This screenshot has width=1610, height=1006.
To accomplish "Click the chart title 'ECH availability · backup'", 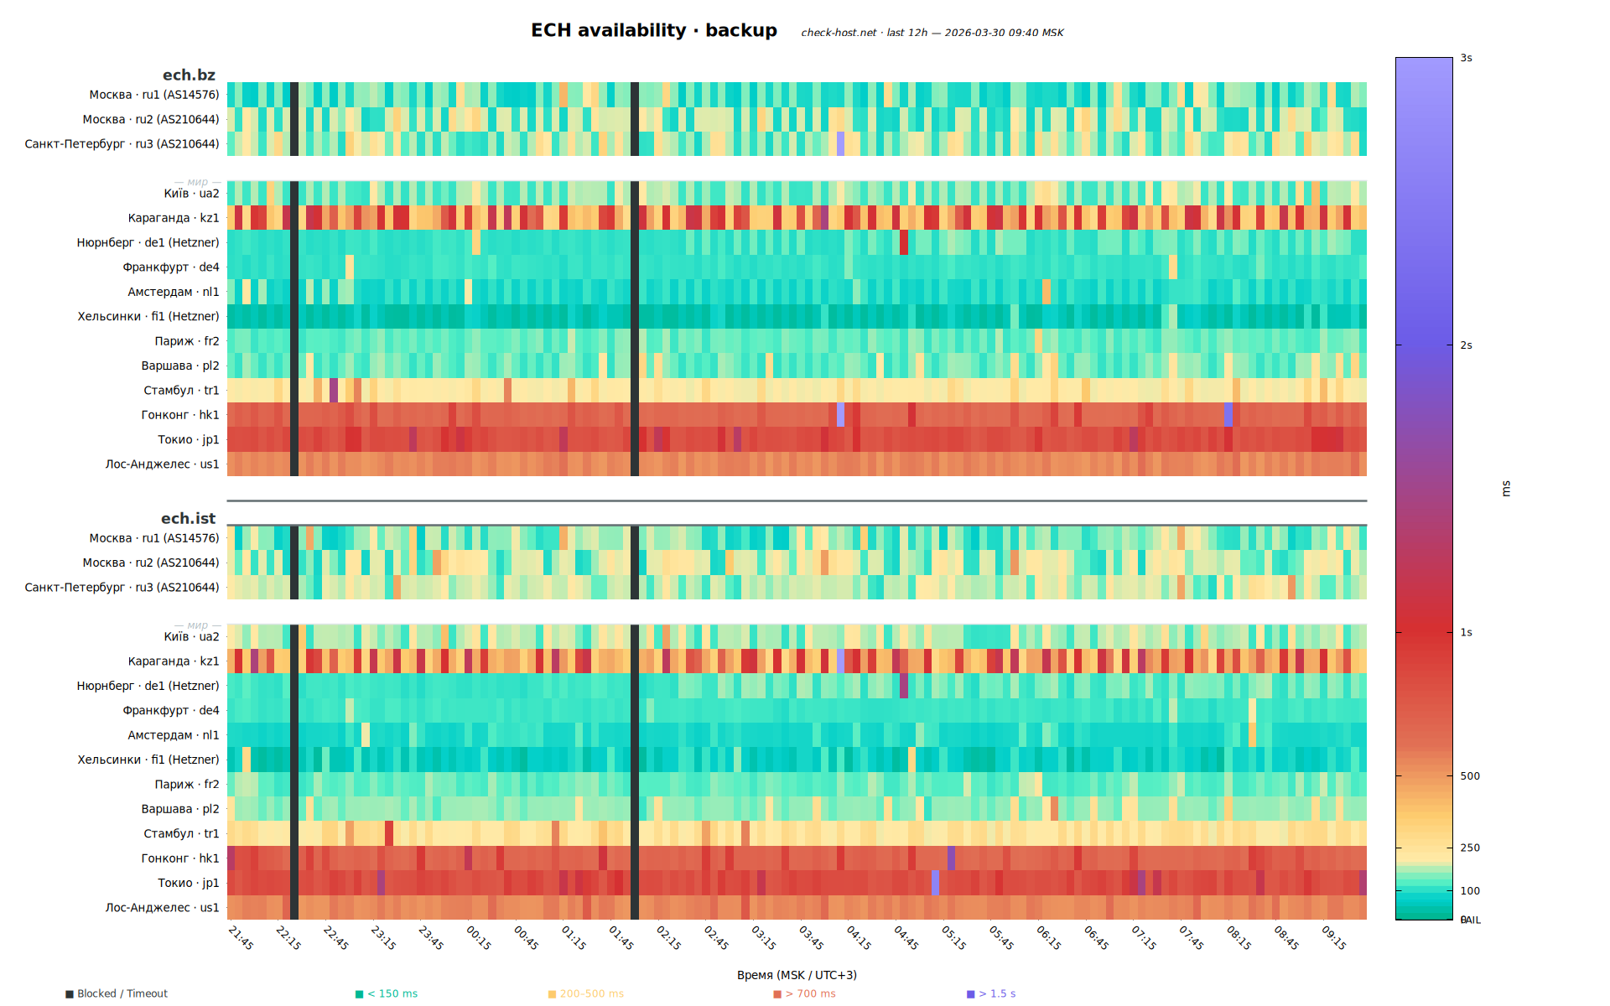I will coord(653,30).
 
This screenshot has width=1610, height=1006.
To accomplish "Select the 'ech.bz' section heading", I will coord(189,75).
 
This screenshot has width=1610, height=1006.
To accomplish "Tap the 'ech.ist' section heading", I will coord(188,519).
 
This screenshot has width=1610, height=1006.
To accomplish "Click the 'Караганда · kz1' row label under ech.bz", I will coord(174,218).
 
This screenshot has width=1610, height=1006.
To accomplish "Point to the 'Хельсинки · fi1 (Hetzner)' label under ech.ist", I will coord(148,760).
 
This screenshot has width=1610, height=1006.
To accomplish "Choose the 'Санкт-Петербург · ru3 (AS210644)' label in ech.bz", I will coord(122,144).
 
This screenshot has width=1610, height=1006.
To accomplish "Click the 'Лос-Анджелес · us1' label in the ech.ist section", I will coord(162,908).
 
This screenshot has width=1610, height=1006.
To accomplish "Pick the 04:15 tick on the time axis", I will coord(859,937).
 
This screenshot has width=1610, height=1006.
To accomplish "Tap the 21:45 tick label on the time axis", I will coord(241,937).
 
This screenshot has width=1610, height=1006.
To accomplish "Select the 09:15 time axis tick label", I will coord(1334,937).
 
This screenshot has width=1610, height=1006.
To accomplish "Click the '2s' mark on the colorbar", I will coord(1466,345).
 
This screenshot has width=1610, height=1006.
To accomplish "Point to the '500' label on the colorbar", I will coord(1470,776).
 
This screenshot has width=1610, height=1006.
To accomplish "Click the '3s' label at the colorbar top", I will coord(1466,59).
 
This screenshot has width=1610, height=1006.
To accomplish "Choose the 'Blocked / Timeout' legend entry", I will coord(122,993).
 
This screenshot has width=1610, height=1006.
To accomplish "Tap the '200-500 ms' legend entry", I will coord(591,993).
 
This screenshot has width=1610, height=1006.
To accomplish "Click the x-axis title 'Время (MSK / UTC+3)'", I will coord(797,975).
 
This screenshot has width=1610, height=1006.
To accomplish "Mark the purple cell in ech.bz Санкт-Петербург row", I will coord(841,143).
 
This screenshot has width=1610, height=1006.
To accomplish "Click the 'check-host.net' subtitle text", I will coord(839,33).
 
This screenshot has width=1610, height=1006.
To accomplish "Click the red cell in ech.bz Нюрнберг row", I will coord(904,242).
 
